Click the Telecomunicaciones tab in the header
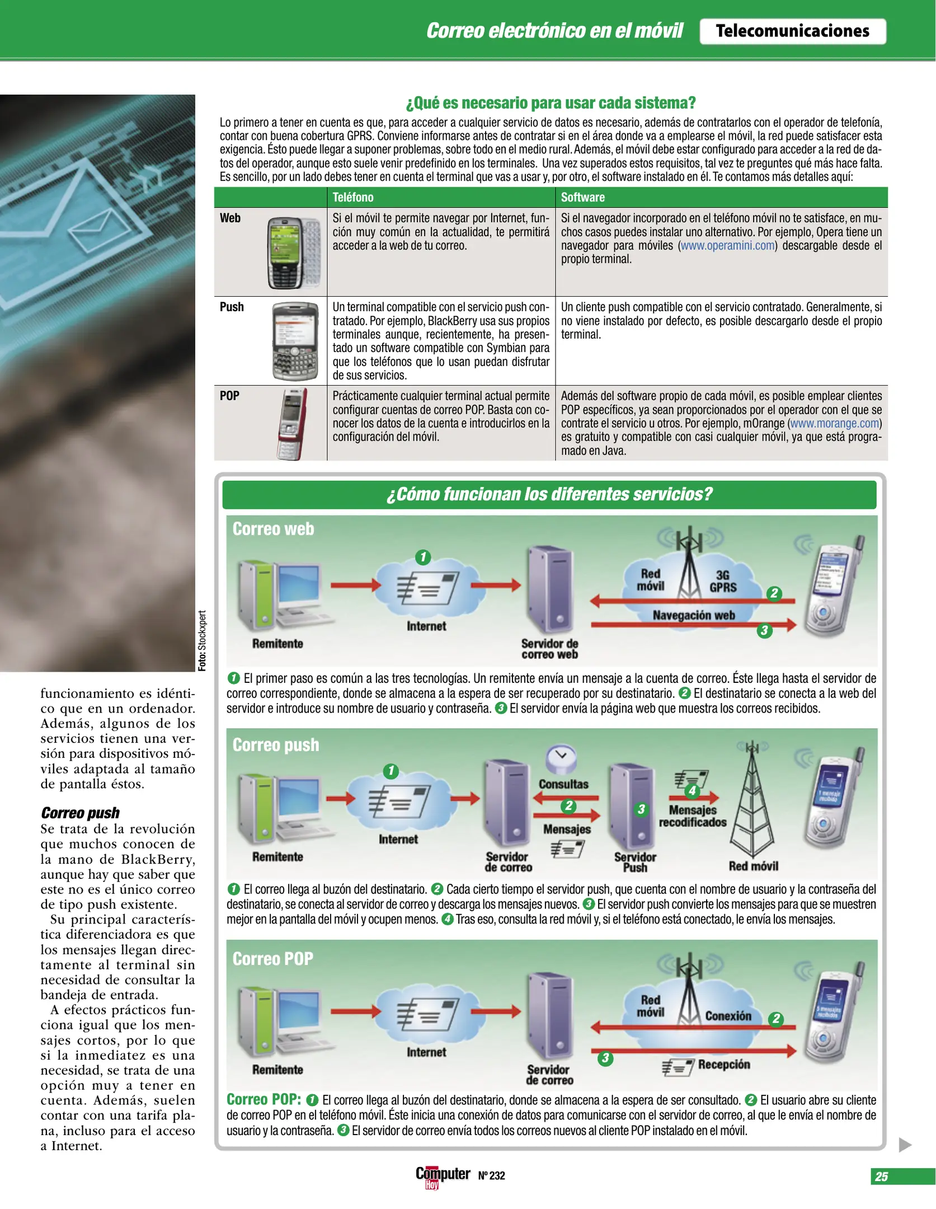[x=792, y=31]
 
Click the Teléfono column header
[x=352, y=197]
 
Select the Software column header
[x=582, y=197]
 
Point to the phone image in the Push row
[x=294, y=341]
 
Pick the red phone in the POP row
[x=293, y=424]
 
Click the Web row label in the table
[x=230, y=218]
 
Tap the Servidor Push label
[x=635, y=862]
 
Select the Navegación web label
[x=694, y=615]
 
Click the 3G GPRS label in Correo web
[x=723, y=581]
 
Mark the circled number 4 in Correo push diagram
[x=692, y=790]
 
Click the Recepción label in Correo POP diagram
[x=723, y=1064]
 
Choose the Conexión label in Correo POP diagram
[x=728, y=1016]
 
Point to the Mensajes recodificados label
[x=692, y=816]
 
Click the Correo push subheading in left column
[x=80, y=813]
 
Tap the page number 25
[x=882, y=1177]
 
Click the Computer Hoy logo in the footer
[x=443, y=1175]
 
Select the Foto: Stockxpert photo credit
[x=203, y=640]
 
